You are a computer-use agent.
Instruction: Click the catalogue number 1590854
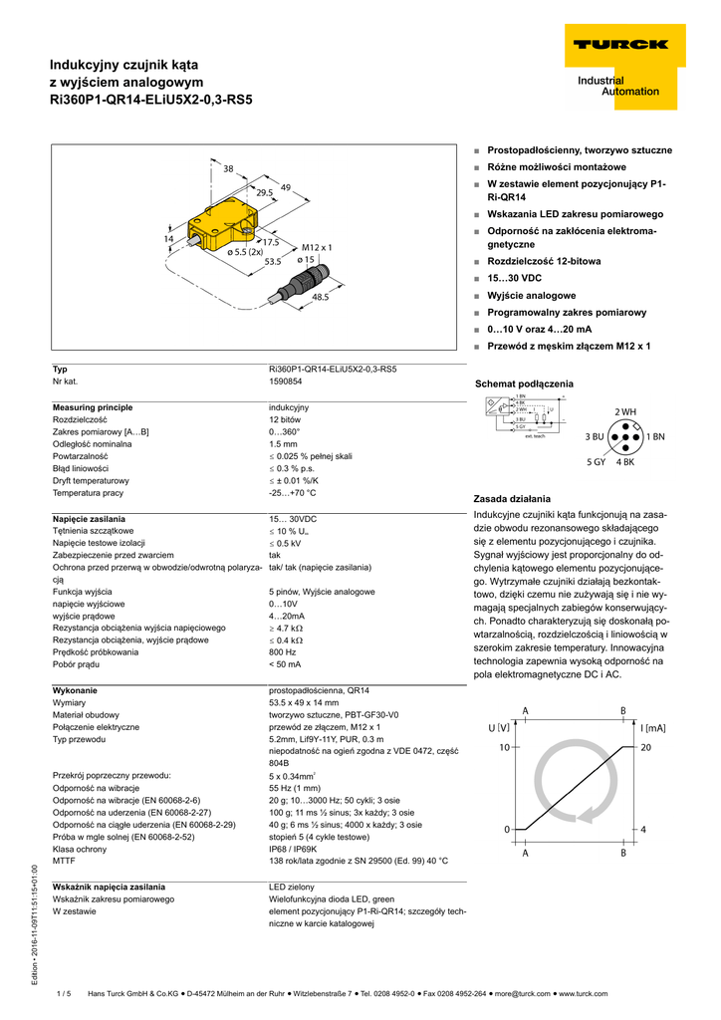point(286,382)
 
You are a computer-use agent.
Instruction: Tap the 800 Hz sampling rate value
point(283,651)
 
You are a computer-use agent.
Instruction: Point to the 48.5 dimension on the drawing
point(320,296)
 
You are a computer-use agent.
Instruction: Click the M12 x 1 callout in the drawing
point(316,246)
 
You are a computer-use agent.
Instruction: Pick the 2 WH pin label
point(624,412)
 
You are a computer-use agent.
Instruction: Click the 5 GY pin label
point(597,461)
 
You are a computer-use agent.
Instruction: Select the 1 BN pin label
point(655,436)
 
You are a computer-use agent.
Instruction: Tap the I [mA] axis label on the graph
point(652,728)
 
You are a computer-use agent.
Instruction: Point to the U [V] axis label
point(498,728)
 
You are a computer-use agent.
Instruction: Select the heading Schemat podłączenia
point(524,383)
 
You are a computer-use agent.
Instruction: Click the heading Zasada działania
point(511,498)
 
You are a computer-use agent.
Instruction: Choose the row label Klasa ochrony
point(80,849)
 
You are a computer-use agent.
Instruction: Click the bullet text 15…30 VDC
point(514,278)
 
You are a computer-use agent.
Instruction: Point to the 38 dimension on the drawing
point(228,168)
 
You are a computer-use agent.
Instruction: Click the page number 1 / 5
point(65,993)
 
